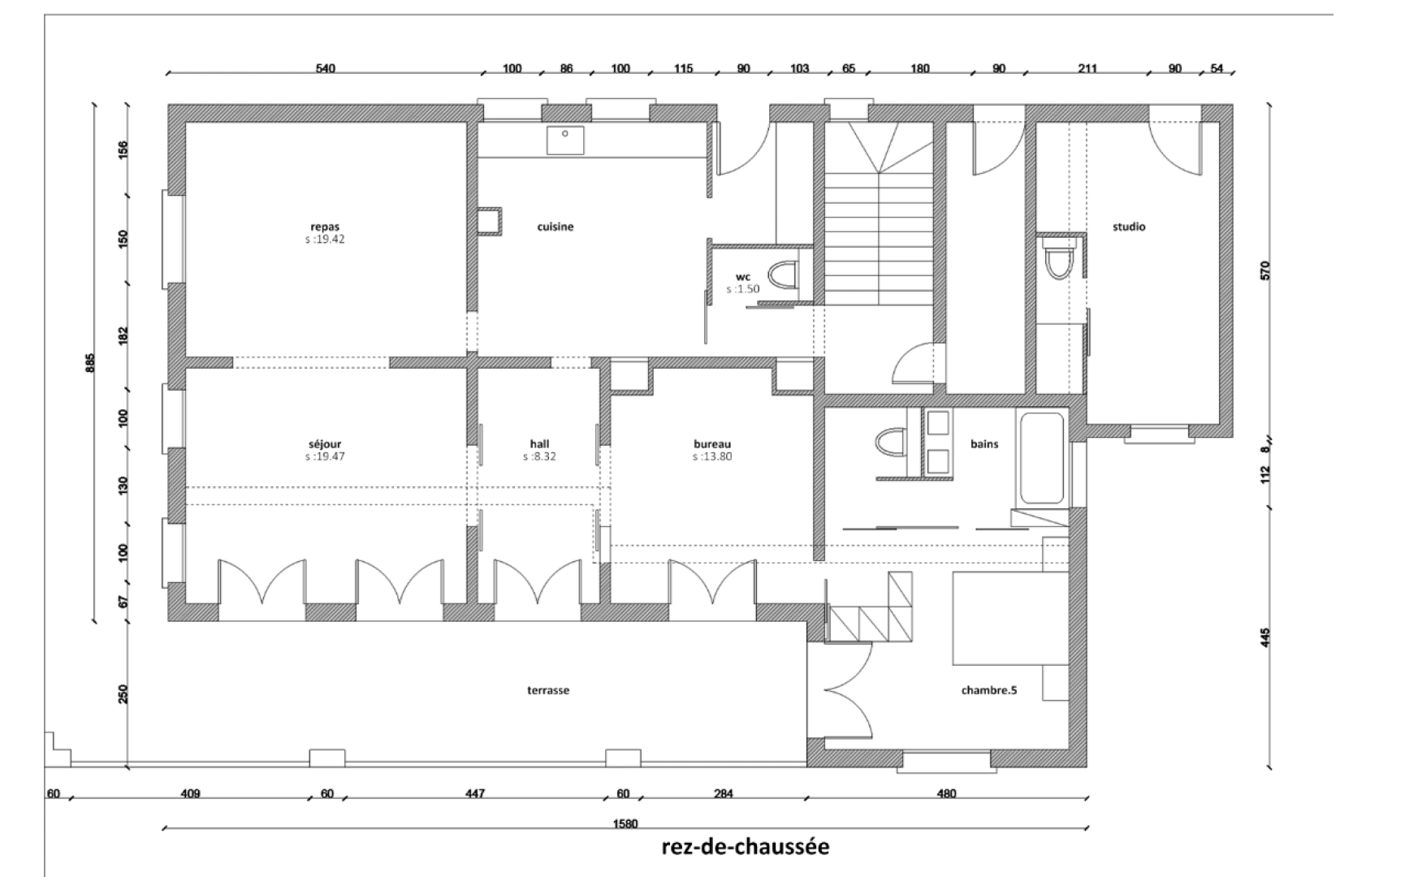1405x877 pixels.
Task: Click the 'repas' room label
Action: (325, 227)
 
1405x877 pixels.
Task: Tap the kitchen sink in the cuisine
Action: (565, 140)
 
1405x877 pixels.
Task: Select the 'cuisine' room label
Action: (556, 227)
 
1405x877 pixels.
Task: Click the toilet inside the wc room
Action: (782, 275)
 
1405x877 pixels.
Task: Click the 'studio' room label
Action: (1129, 227)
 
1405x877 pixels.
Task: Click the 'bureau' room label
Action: (712, 444)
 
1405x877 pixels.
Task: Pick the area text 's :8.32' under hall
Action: (539, 457)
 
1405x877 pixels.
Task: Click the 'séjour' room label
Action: (325, 444)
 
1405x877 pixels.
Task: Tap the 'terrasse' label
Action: (548, 690)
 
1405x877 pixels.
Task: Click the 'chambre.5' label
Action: (989, 690)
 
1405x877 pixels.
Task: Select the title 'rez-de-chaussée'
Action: (746, 847)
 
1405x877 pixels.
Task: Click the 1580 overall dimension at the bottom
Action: (625, 823)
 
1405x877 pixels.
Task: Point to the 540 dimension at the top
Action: (325, 68)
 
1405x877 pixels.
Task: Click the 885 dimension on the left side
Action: (90, 362)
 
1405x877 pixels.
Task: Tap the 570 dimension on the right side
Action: (1264, 270)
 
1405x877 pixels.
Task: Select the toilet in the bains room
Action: (891, 443)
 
